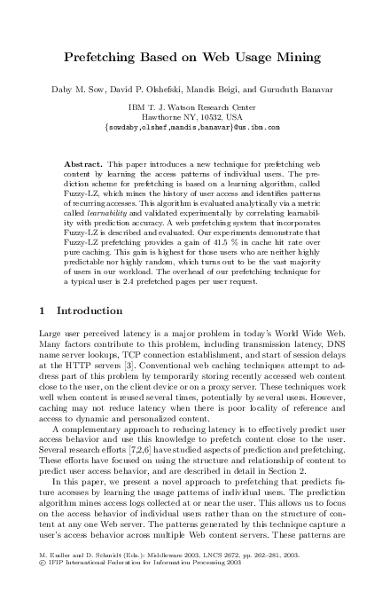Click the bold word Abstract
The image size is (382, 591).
pyautogui.click(x=84, y=165)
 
